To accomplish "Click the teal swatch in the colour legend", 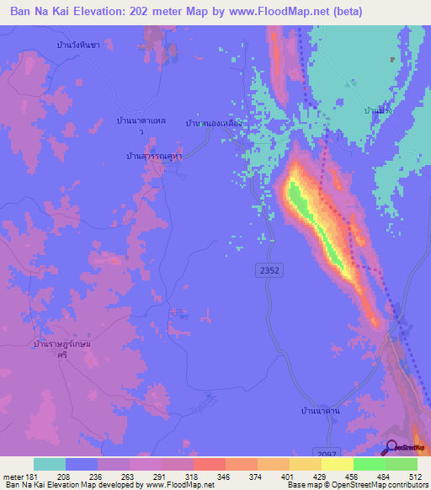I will click(50, 464).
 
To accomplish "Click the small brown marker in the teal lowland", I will click(391, 60).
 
